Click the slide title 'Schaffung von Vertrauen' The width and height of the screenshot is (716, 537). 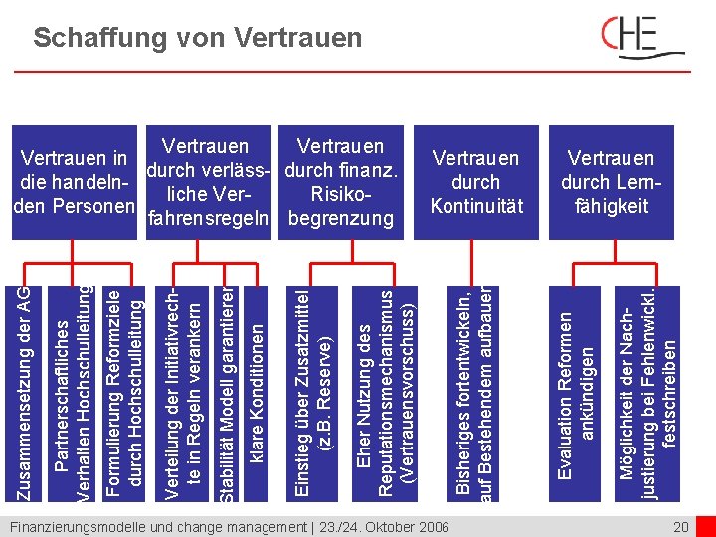[197, 39]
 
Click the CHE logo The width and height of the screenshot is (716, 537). [642, 40]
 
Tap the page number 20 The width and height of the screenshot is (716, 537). [681, 526]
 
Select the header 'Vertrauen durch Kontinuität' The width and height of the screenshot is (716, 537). [475, 182]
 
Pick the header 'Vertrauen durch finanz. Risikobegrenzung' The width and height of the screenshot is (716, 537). [341, 182]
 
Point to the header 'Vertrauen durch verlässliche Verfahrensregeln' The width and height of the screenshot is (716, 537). [207, 182]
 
